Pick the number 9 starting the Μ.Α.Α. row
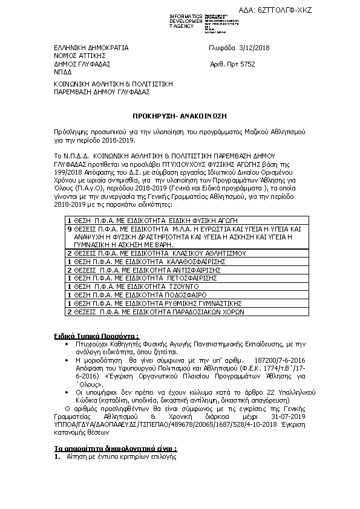[x=70, y=247]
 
